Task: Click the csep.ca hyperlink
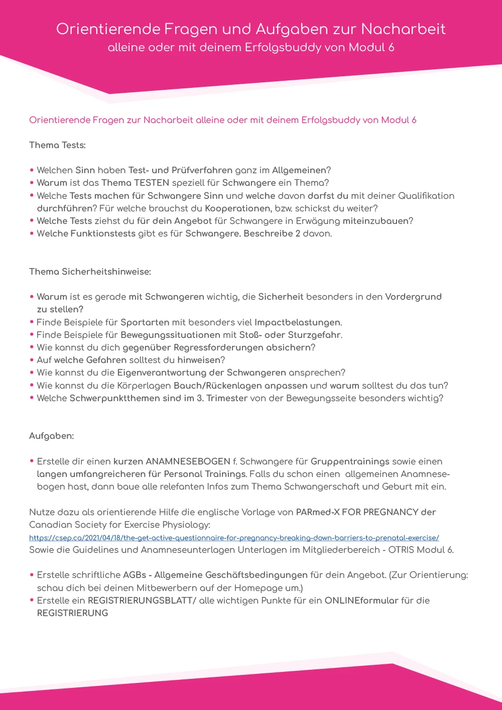(x=234, y=537)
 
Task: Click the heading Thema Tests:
(x=57, y=145)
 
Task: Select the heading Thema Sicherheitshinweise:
(x=90, y=272)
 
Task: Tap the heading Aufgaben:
(x=51, y=436)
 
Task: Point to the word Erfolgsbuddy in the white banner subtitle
(x=283, y=48)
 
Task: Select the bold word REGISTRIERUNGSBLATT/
(x=142, y=601)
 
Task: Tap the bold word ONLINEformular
(x=361, y=601)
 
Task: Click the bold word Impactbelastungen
(x=298, y=322)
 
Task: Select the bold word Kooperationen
(x=237, y=208)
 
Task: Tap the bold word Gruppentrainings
(x=350, y=461)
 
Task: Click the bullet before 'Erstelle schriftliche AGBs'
(x=32, y=575)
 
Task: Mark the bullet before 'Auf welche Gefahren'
(x=32, y=360)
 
